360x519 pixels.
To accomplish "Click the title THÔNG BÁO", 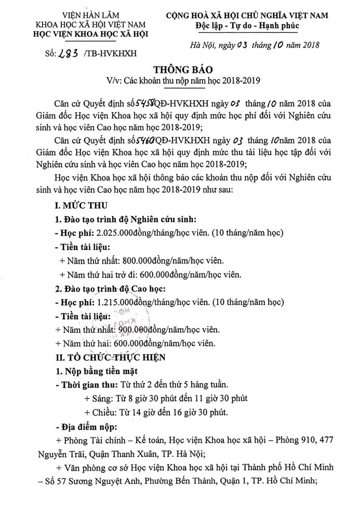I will point(180,70).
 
